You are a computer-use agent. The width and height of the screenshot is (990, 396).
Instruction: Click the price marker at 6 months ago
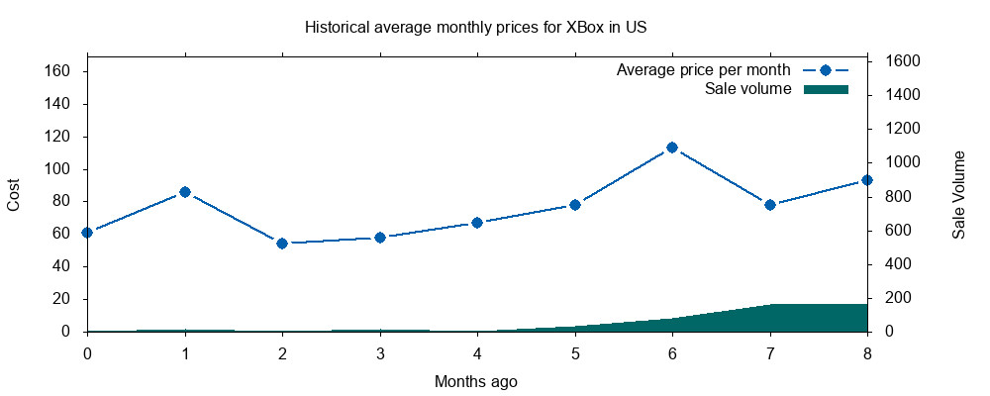672,148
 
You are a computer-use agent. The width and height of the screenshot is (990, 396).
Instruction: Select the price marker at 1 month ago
184,192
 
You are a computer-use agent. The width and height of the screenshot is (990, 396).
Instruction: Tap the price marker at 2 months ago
282,244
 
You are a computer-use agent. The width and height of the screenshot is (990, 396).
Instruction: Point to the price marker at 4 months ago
477,223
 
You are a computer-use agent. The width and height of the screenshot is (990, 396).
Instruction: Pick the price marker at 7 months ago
770,205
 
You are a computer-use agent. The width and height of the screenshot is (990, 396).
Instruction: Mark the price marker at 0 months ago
87,233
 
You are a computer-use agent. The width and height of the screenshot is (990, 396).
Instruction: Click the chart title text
475,27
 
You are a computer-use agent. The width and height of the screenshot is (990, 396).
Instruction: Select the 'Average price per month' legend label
703,70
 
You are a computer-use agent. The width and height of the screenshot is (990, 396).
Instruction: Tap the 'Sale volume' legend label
747,89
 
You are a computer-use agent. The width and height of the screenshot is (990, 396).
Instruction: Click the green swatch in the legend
826,89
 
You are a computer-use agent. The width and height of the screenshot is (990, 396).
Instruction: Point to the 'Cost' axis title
14,194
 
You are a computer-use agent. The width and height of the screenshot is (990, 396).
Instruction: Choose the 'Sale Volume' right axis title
958,194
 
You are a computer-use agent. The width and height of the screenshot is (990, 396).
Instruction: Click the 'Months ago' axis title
475,380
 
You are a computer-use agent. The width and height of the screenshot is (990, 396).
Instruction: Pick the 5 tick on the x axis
575,352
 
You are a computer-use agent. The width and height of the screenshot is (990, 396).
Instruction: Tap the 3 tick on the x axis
380,352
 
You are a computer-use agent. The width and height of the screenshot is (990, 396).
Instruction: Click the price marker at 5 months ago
575,205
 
